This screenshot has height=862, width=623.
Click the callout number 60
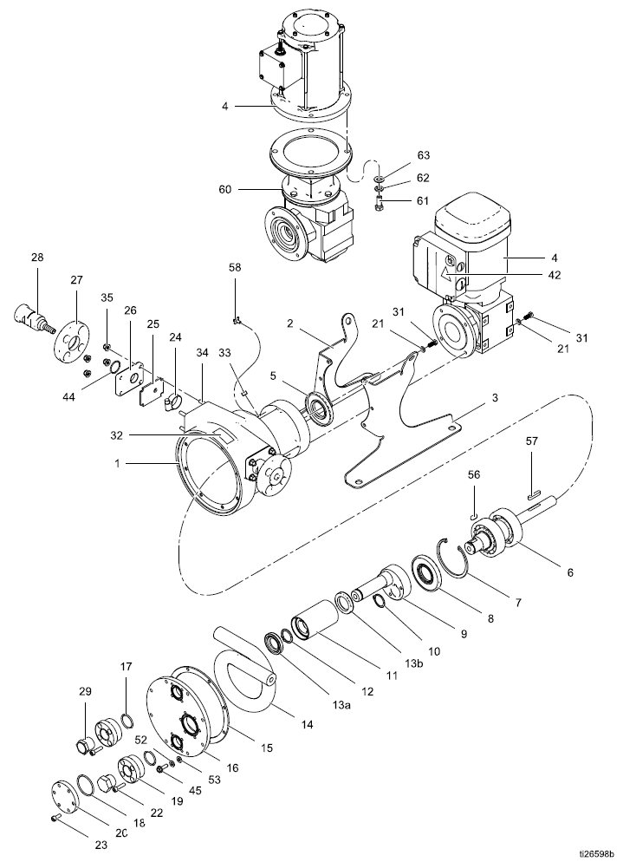[225, 190]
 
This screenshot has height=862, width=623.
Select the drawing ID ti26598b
[599, 853]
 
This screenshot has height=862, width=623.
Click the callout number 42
[555, 275]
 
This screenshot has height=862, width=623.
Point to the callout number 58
[235, 268]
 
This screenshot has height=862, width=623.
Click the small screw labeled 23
[55, 818]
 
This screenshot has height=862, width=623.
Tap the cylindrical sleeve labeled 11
[315, 620]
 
